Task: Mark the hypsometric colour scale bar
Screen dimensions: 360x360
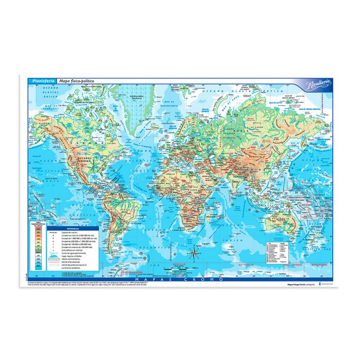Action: coord(39,245)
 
